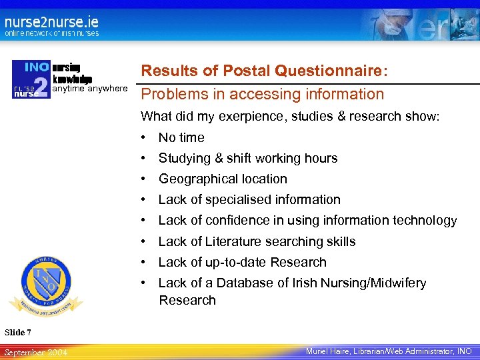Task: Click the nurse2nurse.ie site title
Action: (x=51, y=21)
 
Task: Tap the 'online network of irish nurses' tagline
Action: (x=51, y=33)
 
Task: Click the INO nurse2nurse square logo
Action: (x=31, y=79)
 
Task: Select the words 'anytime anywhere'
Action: (x=89, y=88)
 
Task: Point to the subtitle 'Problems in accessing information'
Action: (x=262, y=95)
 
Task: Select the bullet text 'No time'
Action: (x=181, y=138)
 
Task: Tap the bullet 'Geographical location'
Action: (x=223, y=179)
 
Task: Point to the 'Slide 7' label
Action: (x=18, y=332)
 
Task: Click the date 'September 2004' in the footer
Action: (x=35, y=351)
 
